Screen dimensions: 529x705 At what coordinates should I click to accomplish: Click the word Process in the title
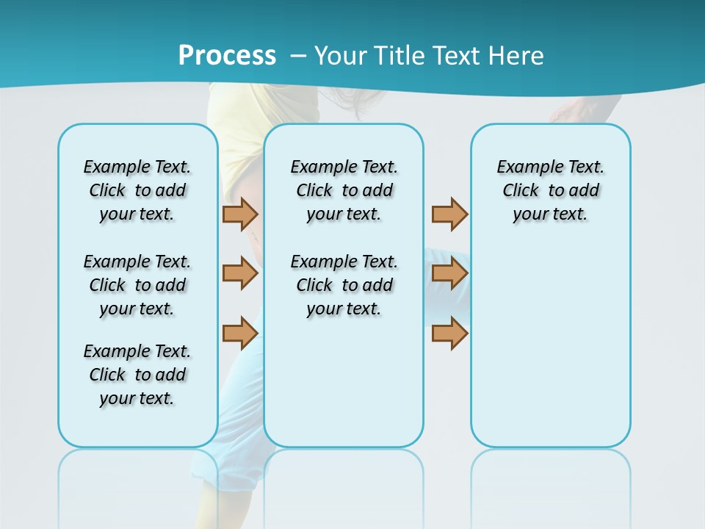(227, 55)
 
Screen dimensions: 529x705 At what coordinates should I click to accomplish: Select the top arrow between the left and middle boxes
(240, 214)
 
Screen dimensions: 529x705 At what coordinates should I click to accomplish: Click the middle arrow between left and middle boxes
(240, 273)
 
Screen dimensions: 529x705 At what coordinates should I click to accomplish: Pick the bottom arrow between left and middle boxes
(240, 333)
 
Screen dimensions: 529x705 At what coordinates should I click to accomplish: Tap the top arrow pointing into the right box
(449, 214)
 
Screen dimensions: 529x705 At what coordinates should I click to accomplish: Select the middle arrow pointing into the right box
(449, 273)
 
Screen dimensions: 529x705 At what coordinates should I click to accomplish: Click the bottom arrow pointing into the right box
(449, 333)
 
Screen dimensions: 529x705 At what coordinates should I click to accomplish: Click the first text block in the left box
(137, 190)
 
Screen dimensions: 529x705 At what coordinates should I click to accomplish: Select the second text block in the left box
(137, 285)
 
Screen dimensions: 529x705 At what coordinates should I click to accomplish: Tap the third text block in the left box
(137, 375)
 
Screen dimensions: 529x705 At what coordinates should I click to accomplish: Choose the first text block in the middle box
(344, 190)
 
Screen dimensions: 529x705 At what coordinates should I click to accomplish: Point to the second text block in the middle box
(344, 285)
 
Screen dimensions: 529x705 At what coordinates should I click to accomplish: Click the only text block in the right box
(550, 190)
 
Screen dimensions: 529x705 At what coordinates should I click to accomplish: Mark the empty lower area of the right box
(550, 345)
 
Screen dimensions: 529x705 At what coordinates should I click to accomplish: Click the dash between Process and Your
(298, 55)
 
